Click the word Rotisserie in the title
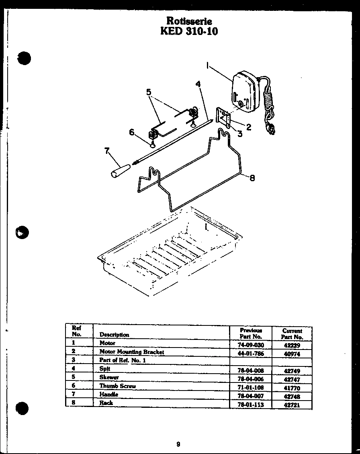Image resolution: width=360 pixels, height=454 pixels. coord(189,21)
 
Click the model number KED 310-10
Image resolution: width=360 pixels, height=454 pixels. coord(189,31)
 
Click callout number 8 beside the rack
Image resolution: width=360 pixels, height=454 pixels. coord(252,178)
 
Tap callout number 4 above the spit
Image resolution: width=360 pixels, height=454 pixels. coord(198,84)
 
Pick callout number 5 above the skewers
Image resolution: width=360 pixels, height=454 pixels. coord(149,92)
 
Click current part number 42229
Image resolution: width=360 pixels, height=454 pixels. coord(292,345)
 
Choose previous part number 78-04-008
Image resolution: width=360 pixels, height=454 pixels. coord(251,370)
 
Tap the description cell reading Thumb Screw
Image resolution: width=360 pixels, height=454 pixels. coord(117,386)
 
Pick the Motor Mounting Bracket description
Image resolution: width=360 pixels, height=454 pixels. coord(132,352)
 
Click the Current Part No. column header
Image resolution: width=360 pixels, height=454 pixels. coord(292,334)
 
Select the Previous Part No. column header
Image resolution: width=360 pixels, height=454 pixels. coord(251,333)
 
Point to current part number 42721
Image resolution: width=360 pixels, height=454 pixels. coord(292,405)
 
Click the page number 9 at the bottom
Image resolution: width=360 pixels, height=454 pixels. coord(178,433)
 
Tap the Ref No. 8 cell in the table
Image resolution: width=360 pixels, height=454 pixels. coord(74,402)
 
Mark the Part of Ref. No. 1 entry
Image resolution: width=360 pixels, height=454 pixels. coord(123,360)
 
